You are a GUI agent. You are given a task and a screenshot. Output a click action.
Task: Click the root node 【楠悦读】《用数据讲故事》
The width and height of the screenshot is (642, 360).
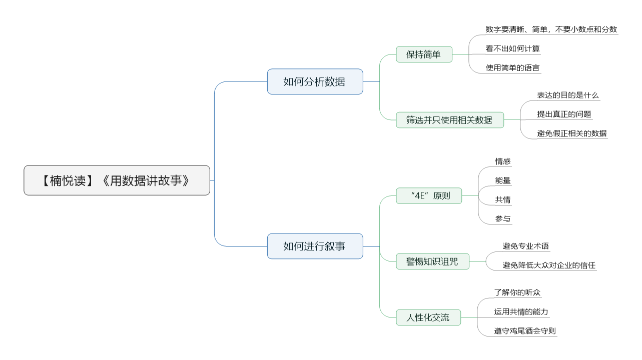pos(117,180)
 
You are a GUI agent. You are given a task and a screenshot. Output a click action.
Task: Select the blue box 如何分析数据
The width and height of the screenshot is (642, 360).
pos(315,81)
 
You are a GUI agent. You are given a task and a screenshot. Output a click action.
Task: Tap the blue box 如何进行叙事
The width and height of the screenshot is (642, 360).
pos(315,246)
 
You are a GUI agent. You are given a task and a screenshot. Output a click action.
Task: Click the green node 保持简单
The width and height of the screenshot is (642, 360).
pos(424,54)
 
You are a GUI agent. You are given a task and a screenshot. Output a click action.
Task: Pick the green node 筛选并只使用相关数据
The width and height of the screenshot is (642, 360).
pos(450,120)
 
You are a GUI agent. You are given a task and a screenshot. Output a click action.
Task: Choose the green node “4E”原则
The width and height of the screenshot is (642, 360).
pos(429,196)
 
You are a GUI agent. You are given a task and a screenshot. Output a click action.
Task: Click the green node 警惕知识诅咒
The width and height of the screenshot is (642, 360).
pos(432,261)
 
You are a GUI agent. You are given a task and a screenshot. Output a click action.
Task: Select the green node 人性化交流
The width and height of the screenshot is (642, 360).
pos(428,317)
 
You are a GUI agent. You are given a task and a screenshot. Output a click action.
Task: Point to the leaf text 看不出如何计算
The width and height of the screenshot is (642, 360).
pos(513,48)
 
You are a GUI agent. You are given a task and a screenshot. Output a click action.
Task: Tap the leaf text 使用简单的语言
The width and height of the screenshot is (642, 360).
pos(513,68)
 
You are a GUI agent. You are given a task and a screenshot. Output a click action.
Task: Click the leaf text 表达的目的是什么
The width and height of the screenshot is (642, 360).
pos(568,95)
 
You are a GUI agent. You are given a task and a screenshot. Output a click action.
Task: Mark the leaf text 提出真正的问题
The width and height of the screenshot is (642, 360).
pos(564,114)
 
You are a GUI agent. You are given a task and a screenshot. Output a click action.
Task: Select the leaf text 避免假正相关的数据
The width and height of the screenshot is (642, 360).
pos(572,133)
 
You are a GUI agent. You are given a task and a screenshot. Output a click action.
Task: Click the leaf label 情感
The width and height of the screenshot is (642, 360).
pos(503,161)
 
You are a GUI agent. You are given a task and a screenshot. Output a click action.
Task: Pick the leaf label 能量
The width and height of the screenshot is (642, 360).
pos(503,180)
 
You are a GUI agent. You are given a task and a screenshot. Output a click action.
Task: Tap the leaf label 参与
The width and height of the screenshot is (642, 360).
pos(503,219)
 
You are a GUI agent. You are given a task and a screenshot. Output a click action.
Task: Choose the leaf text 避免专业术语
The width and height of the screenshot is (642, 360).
pos(525,246)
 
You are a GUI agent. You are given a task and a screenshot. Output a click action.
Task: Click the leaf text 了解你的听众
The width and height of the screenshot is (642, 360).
pos(517,292)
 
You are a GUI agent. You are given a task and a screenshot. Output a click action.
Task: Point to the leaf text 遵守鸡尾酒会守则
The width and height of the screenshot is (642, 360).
pos(525,331)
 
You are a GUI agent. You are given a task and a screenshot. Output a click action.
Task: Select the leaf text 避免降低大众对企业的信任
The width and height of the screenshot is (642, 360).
pos(549,265)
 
